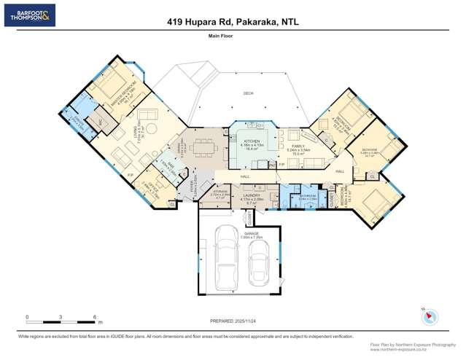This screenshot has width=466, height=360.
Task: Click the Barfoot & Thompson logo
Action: tap(29, 15)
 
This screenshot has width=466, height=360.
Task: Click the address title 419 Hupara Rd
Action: tap(233, 22)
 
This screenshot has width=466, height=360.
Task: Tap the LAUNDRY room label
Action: tap(252, 195)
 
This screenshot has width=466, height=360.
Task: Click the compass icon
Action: tap(431, 317)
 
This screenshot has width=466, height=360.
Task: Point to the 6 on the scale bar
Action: tap(95, 317)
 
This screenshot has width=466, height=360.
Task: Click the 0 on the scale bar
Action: tap(27, 317)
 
